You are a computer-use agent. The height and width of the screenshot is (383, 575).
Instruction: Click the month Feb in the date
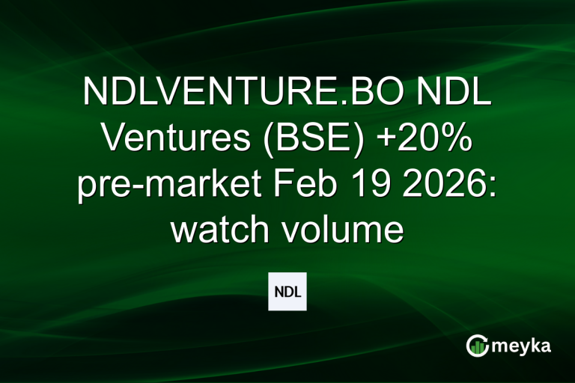point(291,185)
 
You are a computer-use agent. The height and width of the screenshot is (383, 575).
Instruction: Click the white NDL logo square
point(287,292)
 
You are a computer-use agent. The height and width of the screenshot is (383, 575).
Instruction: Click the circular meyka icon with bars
point(477,345)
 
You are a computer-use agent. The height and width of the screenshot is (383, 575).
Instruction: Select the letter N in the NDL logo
point(278,292)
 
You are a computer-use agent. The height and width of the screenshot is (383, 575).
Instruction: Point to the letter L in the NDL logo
point(297,292)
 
